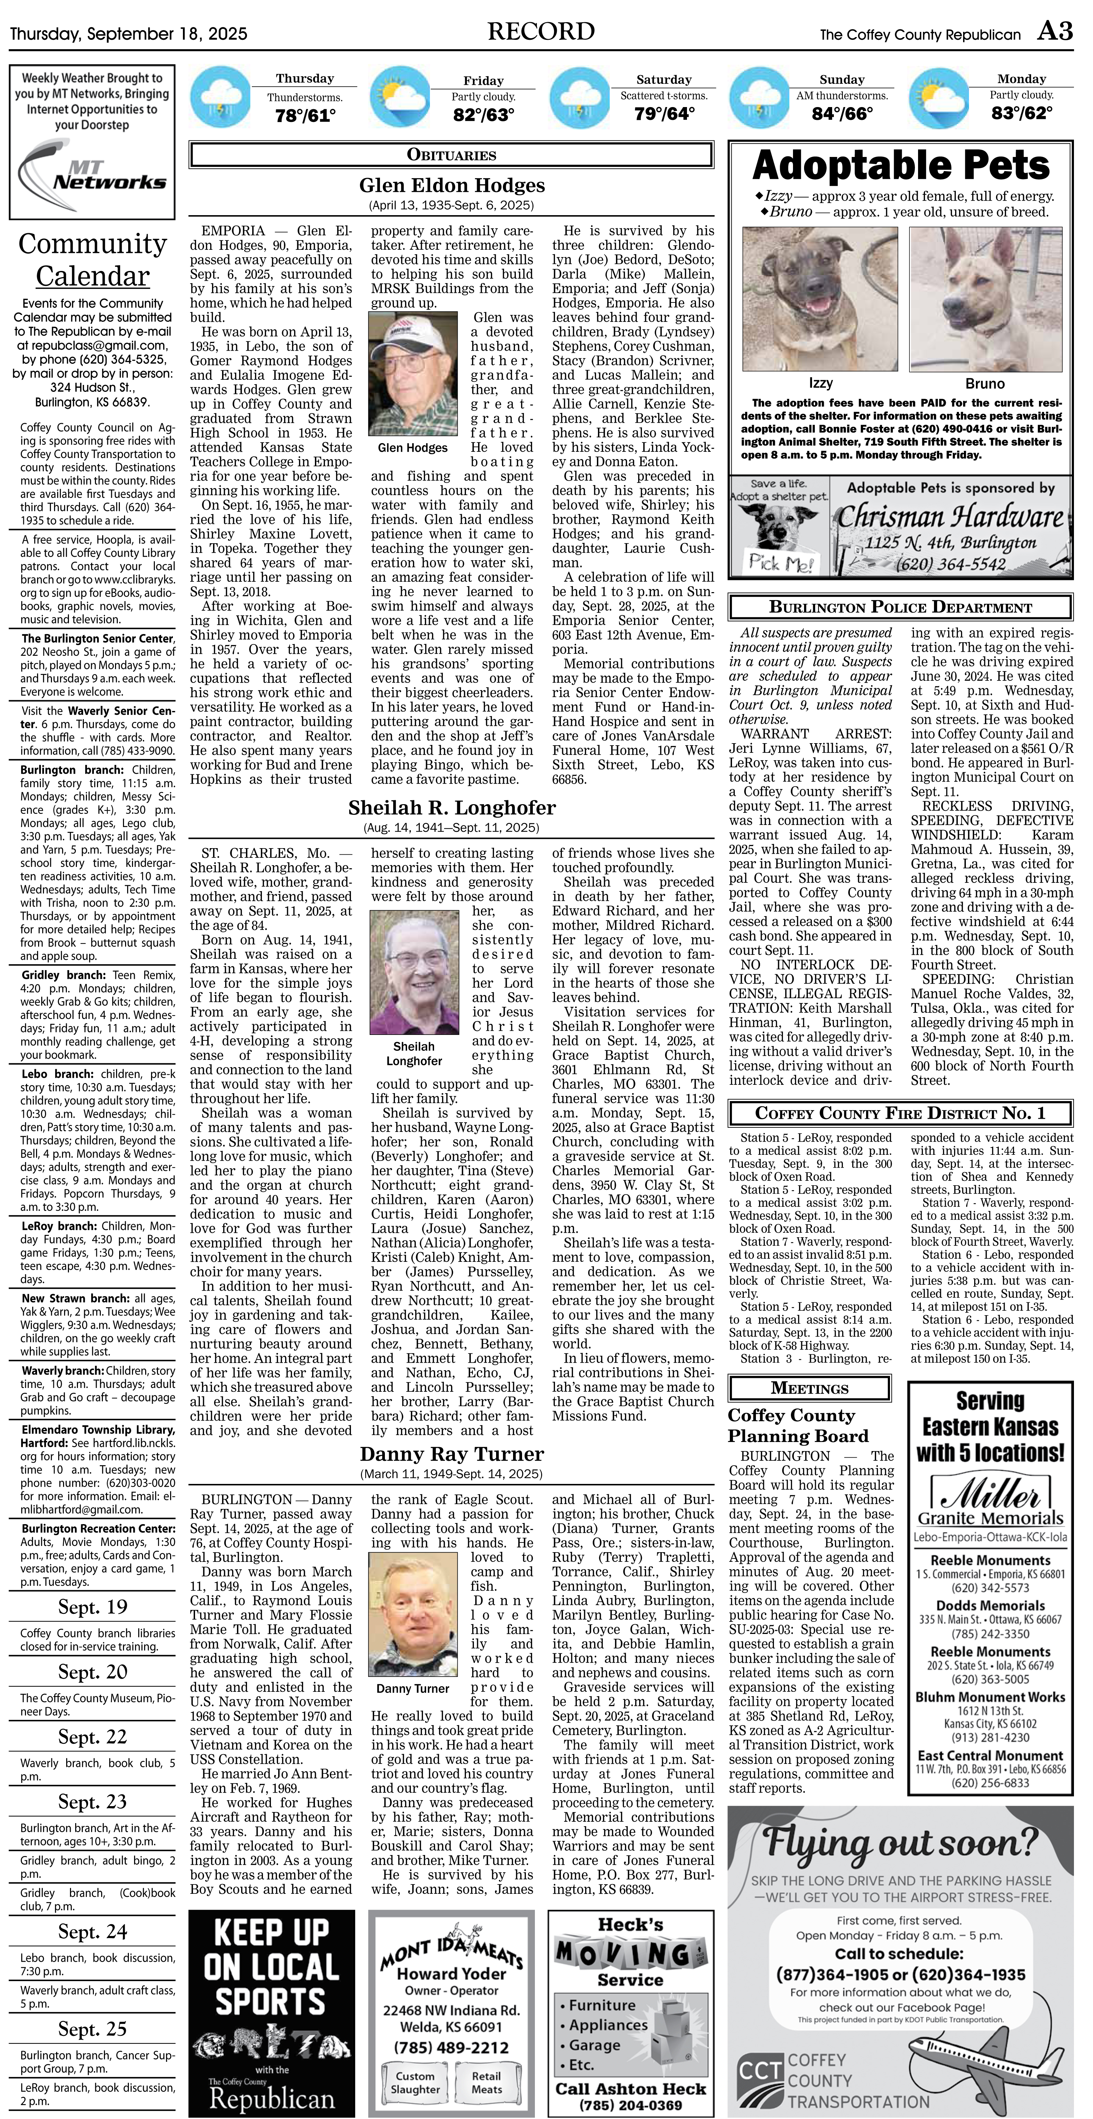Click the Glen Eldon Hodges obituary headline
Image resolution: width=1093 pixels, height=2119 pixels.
point(451,185)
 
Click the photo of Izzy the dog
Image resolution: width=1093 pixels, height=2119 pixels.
point(820,299)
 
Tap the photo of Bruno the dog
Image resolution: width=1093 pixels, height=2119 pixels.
point(985,299)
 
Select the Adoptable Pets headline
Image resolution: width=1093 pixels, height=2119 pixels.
point(900,165)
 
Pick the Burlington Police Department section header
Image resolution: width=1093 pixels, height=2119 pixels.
point(900,607)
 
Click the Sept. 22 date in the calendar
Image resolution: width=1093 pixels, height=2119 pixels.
point(92,1736)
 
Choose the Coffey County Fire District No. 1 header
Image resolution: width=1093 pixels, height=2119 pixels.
point(900,1113)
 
